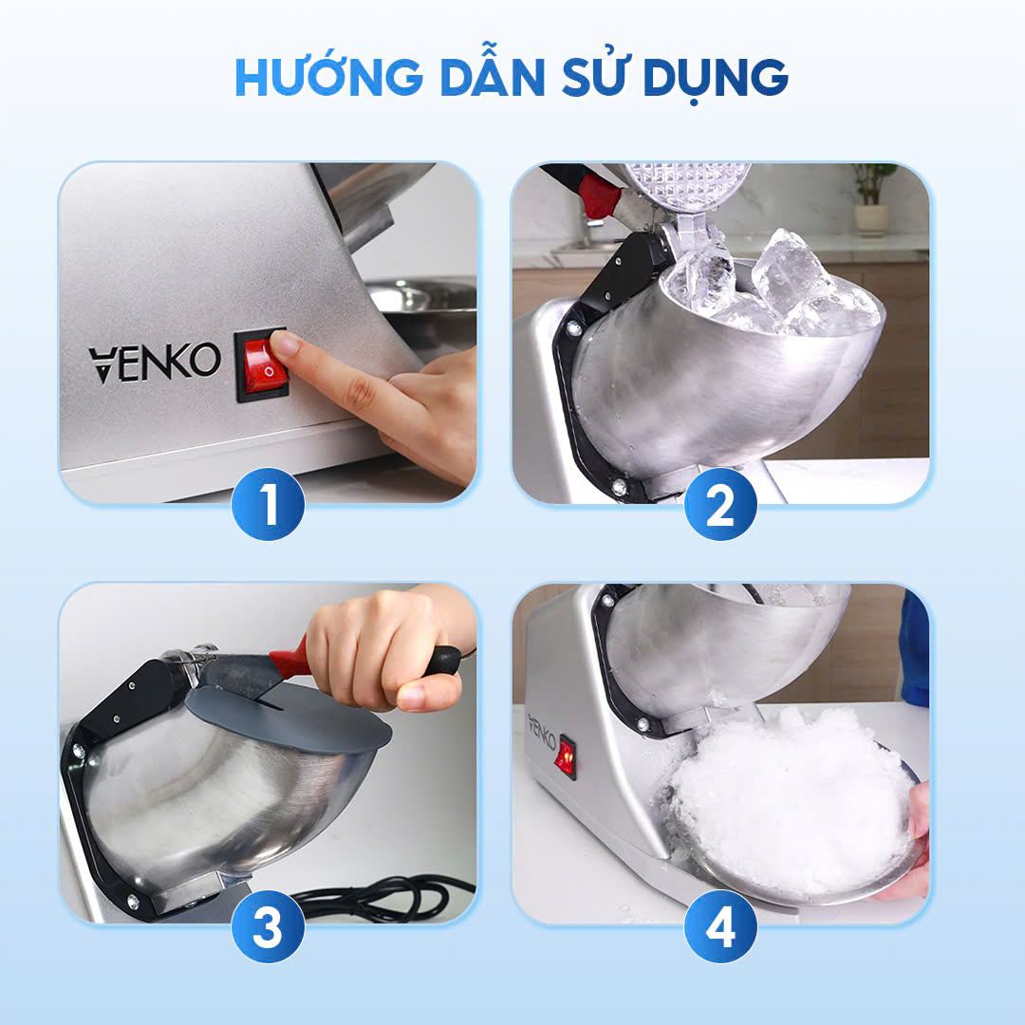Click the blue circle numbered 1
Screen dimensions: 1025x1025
[268, 504]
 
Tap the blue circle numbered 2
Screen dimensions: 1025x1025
[720, 504]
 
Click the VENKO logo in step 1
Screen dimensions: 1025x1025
[155, 363]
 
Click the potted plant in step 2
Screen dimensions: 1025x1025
[872, 198]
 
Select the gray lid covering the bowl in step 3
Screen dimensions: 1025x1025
[288, 718]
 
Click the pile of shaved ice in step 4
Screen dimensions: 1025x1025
[791, 801]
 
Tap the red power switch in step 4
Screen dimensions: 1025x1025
[566, 757]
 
